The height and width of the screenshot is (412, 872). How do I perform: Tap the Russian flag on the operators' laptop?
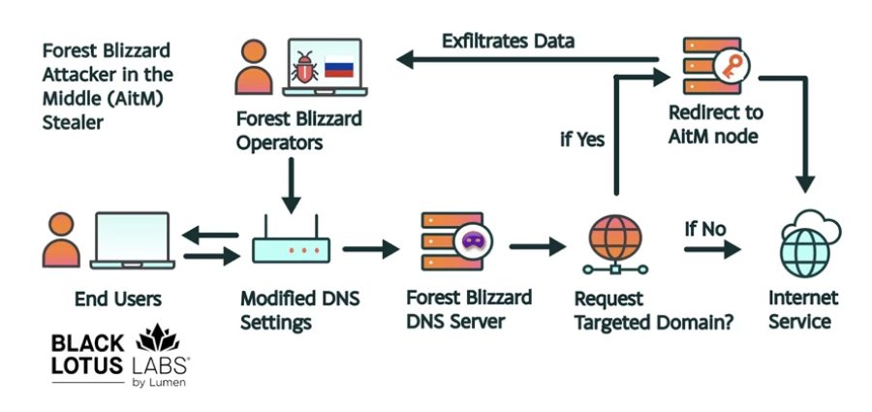(x=339, y=70)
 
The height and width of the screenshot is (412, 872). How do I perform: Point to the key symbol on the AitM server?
(x=728, y=66)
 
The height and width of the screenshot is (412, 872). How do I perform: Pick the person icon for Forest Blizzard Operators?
(x=253, y=66)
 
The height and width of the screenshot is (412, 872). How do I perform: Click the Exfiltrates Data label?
(x=508, y=41)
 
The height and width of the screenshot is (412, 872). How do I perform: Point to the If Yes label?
(x=582, y=139)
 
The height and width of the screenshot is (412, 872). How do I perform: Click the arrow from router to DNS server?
(x=370, y=249)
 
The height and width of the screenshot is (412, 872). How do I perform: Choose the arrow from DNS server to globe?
(x=538, y=248)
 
